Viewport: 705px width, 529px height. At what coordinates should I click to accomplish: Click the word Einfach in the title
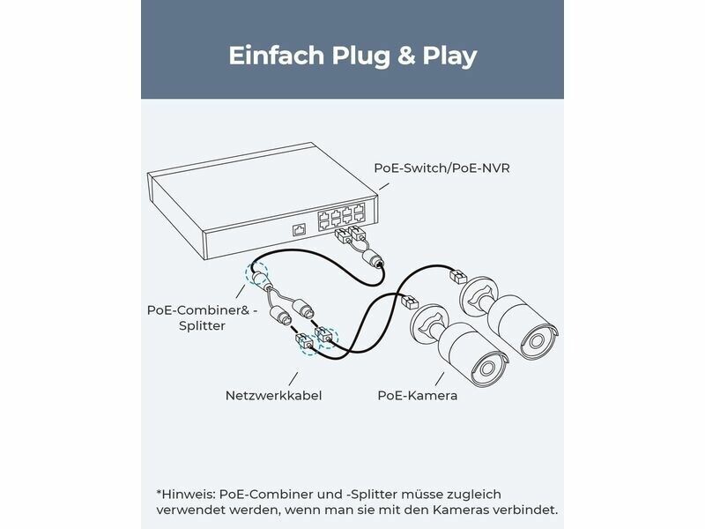pos(276,56)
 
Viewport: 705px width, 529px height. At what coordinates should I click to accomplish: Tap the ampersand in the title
pos(405,56)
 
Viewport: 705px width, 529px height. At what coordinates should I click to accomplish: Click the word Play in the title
pos(449,56)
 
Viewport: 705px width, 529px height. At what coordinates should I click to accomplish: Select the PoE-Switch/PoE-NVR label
pos(442,168)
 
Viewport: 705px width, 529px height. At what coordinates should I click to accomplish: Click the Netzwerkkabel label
pos(273,396)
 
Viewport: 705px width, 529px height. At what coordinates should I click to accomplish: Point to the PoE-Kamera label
pos(417,396)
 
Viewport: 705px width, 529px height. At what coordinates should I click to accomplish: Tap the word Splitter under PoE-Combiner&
pos(202,326)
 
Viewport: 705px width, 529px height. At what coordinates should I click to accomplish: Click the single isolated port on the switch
pos(300,230)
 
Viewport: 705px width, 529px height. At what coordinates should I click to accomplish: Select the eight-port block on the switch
pos(341,215)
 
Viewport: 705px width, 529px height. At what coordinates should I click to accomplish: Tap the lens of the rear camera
pos(536,341)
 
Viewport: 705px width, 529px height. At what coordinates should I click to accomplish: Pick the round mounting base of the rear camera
pos(478,297)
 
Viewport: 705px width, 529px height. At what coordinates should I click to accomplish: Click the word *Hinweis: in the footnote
pos(186,495)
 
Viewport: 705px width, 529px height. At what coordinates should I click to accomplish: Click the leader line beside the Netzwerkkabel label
pos(293,379)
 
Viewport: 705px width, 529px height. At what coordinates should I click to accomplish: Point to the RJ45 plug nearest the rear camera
pos(458,276)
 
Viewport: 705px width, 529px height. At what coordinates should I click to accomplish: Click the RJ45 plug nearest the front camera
pos(409,302)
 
